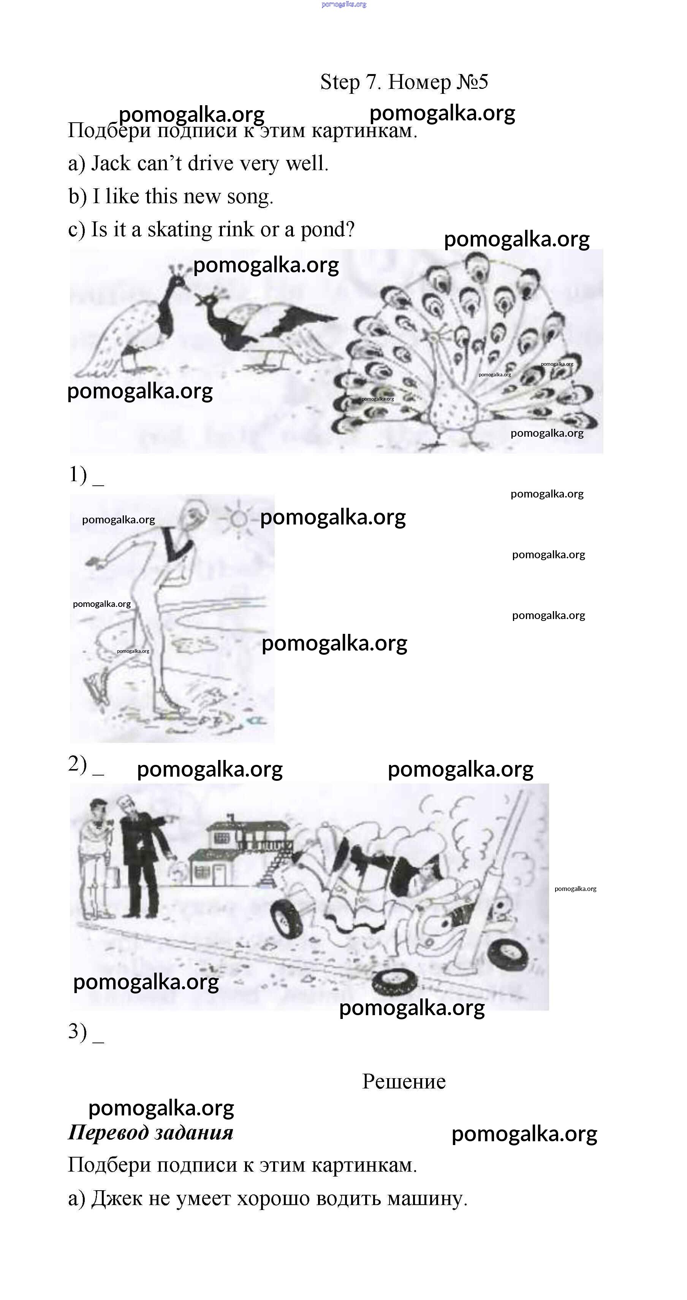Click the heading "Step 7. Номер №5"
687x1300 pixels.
tap(404, 82)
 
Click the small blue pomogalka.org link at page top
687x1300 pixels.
tap(344, 5)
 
